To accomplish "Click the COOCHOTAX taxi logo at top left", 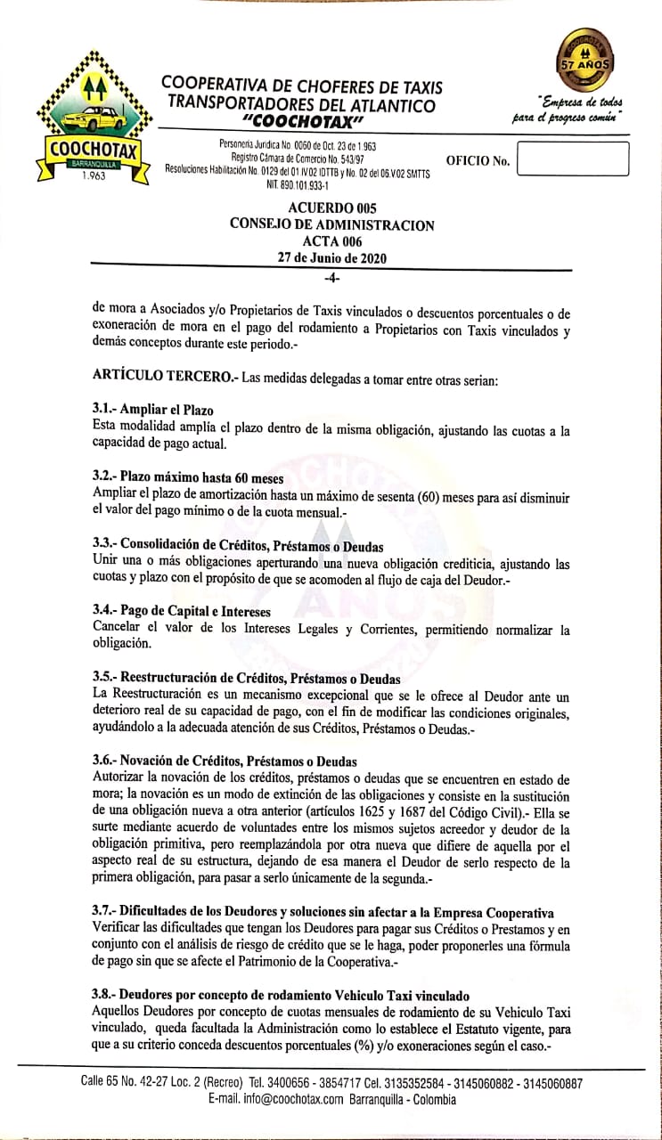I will tap(90, 119).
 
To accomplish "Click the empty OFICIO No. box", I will tap(572, 159).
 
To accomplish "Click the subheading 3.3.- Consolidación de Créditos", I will tap(238, 545).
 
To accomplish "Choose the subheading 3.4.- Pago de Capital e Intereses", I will tap(181, 612).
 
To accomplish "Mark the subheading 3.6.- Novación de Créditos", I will tap(224, 761).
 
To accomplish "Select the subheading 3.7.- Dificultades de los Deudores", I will tap(323, 913).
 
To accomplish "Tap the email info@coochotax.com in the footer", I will tap(275, 1100).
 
